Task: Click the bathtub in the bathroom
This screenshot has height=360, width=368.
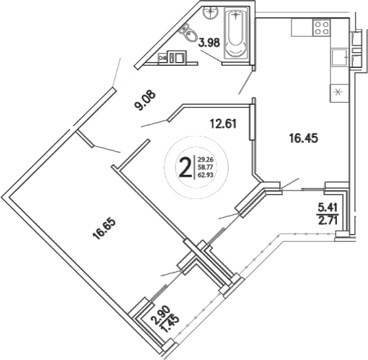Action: pos(235,33)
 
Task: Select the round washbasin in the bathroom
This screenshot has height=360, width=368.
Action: pos(210,13)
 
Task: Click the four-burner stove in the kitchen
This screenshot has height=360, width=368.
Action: pos(321,28)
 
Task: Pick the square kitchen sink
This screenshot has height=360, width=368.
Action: pos(340,57)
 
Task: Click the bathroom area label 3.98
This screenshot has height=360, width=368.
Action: pos(209,44)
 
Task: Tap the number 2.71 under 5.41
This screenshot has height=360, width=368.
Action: pos(328,221)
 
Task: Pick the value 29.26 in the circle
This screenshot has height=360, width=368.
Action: pos(205,159)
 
